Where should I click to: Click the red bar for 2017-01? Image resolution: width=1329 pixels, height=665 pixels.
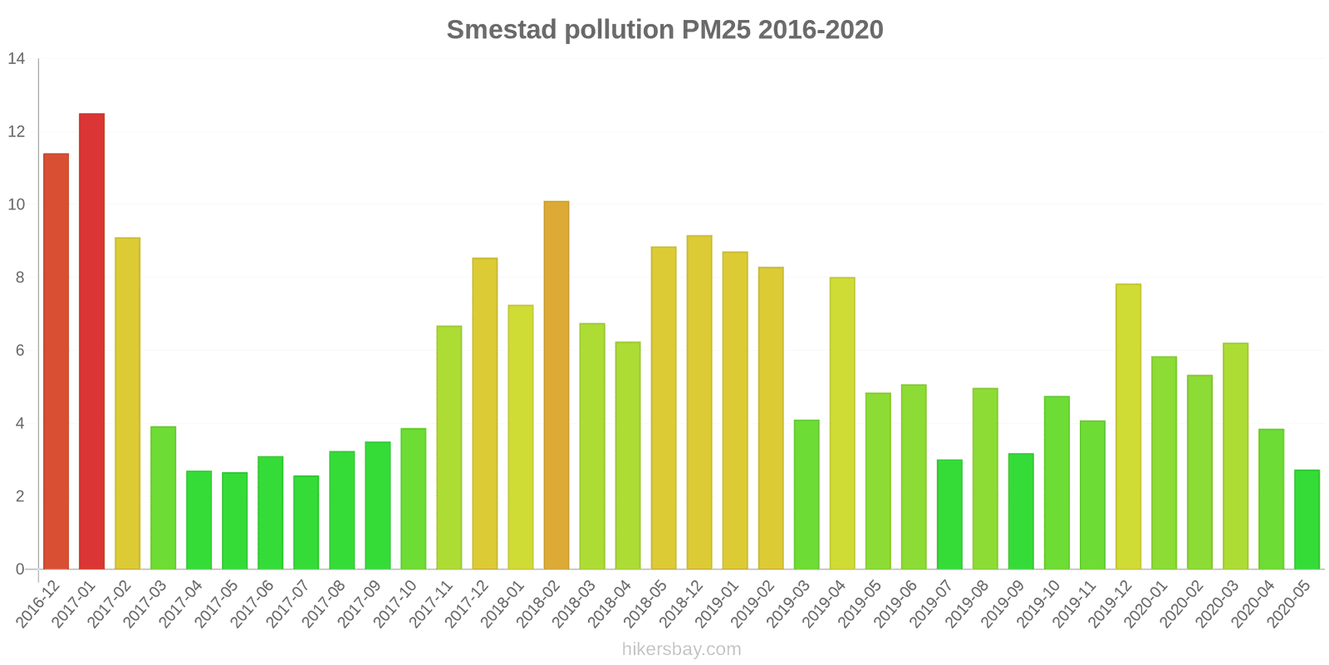click(91, 341)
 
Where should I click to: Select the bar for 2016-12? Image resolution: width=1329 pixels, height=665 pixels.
click(56, 362)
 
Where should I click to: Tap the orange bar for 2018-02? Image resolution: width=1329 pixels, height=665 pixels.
click(557, 385)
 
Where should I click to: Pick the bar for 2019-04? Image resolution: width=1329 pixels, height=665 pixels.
click(842, 423)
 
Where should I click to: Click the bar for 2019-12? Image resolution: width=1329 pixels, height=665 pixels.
click(1128, 426)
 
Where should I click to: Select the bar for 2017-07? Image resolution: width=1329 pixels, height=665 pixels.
click(306, 522)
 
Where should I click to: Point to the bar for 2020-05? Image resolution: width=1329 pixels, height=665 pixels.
click(1307, 520)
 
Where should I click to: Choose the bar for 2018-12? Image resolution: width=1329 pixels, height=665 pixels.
click(699, 402)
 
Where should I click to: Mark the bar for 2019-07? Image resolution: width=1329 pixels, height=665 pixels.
click(949, 515)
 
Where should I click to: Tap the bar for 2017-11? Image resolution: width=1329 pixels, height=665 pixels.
click(449, 447)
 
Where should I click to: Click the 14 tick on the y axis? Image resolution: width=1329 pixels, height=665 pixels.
click(17, 59)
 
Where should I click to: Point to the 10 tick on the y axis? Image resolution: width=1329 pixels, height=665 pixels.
click(17, 204)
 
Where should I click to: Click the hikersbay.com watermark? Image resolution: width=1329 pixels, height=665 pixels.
click(681, 649)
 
